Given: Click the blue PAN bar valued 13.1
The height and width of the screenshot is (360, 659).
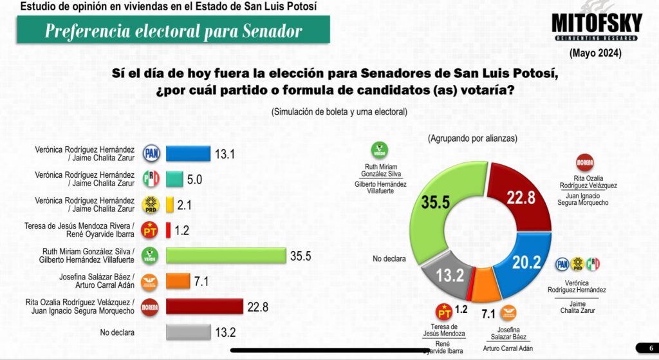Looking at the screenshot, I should click(x=188, y=153).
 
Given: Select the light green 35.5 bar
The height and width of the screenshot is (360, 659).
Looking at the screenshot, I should click(x=225, y=256).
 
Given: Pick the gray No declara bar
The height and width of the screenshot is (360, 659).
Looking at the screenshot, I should click(x=188, y=332).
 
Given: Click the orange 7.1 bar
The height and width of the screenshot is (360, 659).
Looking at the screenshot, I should click(x=176, y=281).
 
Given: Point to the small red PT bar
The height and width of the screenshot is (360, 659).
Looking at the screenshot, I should click(x=168, y=230).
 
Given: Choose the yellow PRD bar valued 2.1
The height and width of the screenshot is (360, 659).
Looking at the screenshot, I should click(x=169, y=205).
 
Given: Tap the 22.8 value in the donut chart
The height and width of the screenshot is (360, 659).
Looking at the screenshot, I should click(x=519, y=198).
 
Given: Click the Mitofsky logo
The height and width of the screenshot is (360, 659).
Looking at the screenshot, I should click(x=597, y=25).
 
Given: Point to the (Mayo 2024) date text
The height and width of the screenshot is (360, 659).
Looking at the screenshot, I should click(x=596, y=53).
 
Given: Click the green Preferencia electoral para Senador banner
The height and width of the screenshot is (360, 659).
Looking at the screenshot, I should click(x=173, y=30).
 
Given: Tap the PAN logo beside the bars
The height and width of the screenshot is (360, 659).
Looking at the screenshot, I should click(x=151, y=153).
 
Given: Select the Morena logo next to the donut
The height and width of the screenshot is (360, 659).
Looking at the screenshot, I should click(x=584, y=163).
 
